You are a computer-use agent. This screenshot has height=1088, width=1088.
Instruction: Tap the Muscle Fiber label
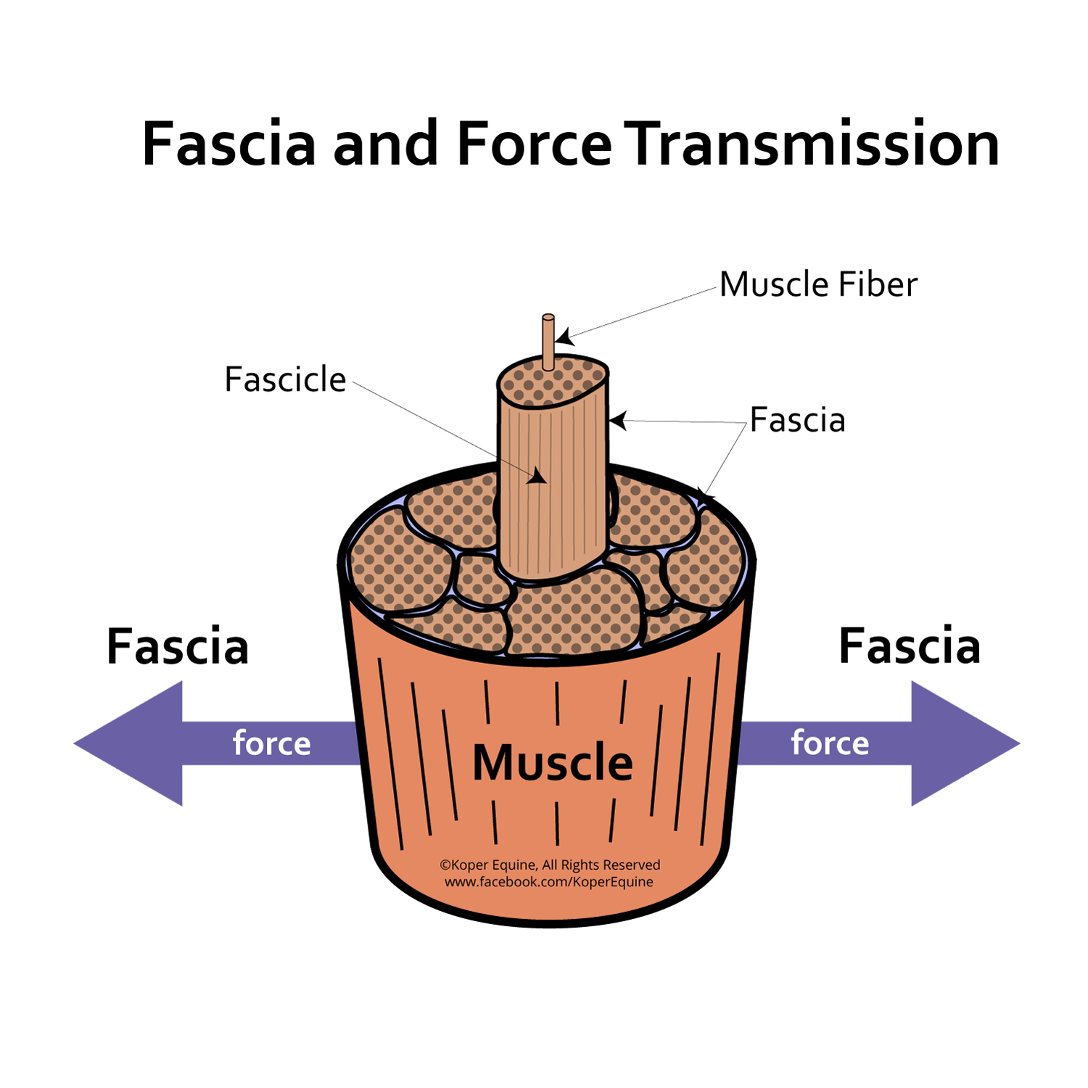tap(817, 284)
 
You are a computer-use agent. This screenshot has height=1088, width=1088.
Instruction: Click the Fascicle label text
tap(285, 379)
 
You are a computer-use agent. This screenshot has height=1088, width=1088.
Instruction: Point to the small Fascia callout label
tap(797, 420)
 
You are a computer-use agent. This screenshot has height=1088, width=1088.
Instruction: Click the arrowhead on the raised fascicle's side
tap(537, 477)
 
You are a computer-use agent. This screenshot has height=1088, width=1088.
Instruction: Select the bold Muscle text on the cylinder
tap(553, 762)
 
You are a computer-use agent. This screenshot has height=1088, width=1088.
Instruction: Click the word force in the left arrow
tap(271, 743)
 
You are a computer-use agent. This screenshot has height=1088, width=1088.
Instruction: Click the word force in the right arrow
tap(830, 743)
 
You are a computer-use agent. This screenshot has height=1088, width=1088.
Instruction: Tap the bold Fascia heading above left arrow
tap(178, 646)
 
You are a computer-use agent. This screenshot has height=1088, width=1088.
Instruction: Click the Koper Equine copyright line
tap(550, 865)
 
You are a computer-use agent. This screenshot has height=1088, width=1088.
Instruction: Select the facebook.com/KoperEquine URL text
tap(549, 882)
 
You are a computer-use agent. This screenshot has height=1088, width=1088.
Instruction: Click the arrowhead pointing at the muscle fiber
tap(564, 337)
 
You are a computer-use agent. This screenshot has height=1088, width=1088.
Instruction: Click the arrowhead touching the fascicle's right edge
tap(617, 420)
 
